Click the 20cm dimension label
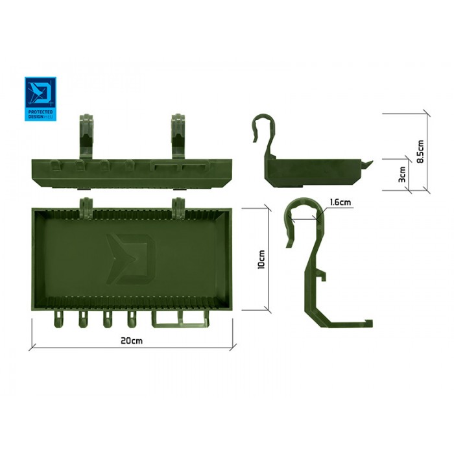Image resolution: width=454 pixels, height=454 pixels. click(132, 340)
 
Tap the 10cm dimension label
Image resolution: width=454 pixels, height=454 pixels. click(261, 259)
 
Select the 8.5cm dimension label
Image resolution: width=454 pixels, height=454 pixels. click(420, 151)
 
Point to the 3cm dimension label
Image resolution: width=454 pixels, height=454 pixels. click(402, 174)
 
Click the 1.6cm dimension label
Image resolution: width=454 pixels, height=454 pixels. click(340, 202)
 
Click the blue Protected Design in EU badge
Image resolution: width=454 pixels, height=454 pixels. click(40, 99)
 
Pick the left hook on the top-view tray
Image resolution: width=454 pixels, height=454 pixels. click(86, 208)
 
